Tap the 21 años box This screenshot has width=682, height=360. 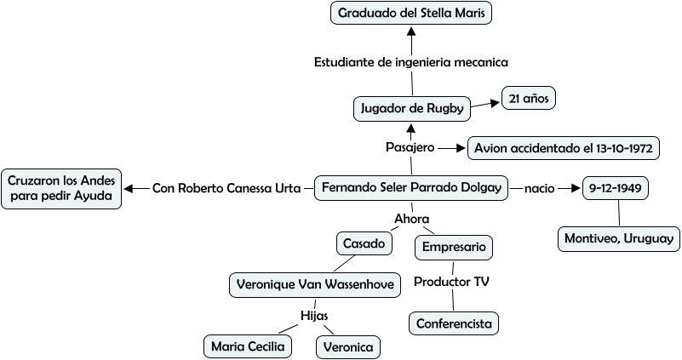[528, 99]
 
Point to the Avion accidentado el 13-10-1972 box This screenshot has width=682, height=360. [564, 148]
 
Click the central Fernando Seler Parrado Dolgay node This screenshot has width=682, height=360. [411, 187]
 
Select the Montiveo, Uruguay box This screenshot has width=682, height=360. [619, 239]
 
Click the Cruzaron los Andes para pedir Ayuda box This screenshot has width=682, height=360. [61, 188]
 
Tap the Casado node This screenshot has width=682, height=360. [364, 243]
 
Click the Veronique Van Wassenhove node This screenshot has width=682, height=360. [315, 285]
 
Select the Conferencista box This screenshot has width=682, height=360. [453, 323]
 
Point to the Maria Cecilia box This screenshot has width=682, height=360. [248, 346]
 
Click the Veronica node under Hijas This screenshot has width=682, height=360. [347, 347]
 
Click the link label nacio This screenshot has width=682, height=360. [539, 187]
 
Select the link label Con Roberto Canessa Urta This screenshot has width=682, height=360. [226, 187]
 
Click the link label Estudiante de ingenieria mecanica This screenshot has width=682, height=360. [411, 62]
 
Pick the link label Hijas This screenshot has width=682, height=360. [314, 316]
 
